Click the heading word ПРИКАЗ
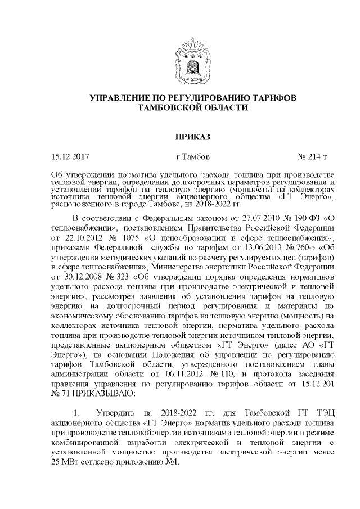[x=179, y=136]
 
